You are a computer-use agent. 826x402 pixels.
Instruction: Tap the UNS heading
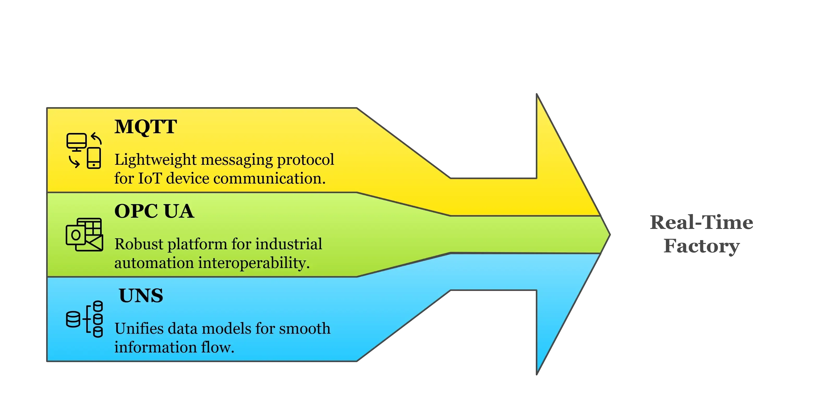tap(141, 295)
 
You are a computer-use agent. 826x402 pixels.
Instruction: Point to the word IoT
tap(150, 178)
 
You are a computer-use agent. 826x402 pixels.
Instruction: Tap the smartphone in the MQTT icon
tap(94, 158)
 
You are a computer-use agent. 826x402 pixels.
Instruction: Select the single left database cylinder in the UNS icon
tap(73, 319)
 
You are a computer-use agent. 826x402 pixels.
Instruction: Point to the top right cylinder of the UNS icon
tap(98, 306)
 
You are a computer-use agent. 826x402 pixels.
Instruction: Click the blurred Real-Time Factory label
tap(701, 234)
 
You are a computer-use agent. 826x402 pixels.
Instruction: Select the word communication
tap(269, 178)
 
